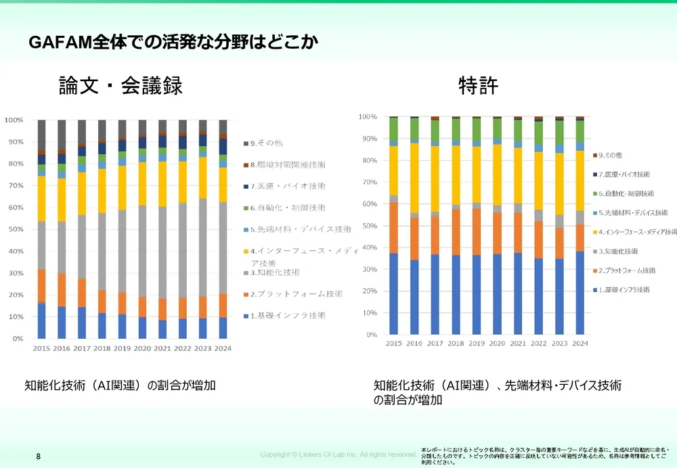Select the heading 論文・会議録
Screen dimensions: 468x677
click(121, 86)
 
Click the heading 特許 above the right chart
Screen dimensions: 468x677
click(478, 86)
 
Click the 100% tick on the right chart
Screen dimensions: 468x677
click(368, 117)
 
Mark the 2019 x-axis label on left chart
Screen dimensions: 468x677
click(123, 349)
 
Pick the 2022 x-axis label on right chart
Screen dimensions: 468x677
click(538, 344)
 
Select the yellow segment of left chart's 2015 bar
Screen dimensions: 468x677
click(41, 198)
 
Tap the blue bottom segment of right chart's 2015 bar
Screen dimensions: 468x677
click(393, 294)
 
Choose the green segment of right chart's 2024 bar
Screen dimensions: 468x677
click(580, 131)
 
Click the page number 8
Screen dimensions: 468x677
click(39, 457)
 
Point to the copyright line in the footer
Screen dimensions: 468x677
click(338, 454)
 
